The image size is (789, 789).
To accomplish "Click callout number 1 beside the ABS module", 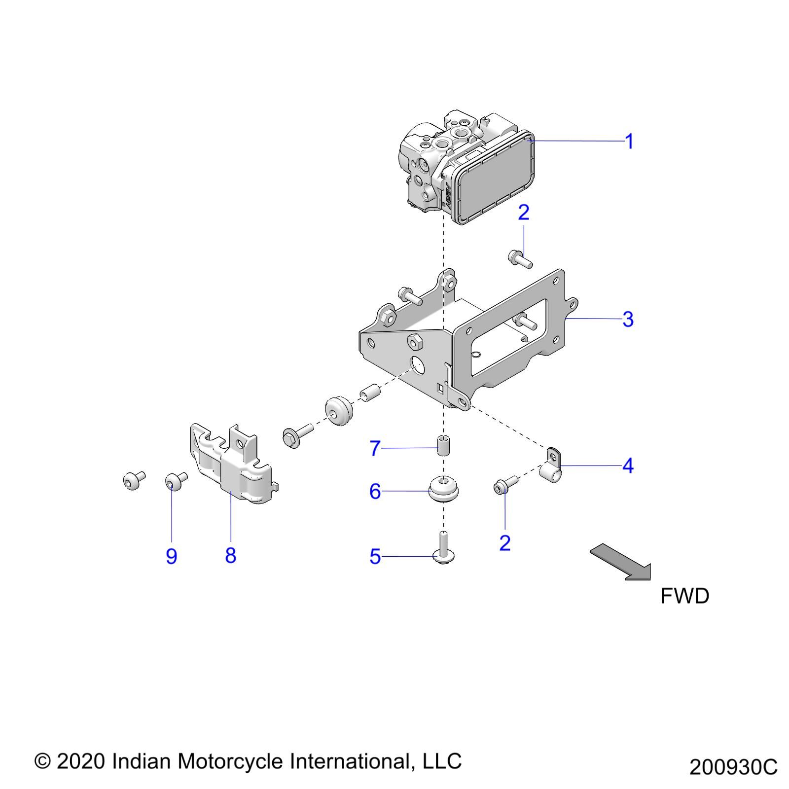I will (629, 142).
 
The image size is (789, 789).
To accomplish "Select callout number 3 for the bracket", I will (627, 319).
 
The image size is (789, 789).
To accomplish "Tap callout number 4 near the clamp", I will (627, 466).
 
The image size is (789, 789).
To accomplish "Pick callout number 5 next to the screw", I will (375, 557).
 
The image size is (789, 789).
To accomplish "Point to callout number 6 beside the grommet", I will (375, 491).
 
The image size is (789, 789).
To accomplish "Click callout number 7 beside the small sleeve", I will (375, 448).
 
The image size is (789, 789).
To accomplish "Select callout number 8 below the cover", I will (230, 555).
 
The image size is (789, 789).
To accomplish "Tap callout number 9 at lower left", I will (171, 556).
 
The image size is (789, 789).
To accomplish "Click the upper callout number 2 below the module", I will (524, 213).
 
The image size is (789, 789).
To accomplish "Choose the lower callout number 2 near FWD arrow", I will (504, 543).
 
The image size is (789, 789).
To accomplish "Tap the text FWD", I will (684, 596).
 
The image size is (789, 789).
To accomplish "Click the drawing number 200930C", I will (733, 767).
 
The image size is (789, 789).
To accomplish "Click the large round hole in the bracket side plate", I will (419, 365).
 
